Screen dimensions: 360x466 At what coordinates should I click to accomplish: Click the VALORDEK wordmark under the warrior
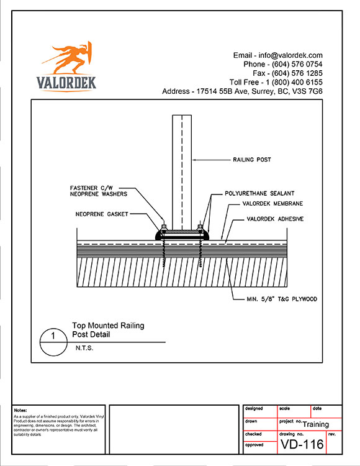[66, 83]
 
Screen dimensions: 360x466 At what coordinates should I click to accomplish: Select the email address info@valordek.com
[290, 55]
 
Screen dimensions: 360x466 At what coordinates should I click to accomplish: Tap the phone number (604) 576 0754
[297, 64]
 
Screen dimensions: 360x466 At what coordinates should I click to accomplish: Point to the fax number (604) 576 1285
[297, 73]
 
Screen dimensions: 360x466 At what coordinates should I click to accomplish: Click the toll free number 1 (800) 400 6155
[294, 82]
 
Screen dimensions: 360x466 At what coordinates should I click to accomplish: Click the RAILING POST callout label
[252, 160]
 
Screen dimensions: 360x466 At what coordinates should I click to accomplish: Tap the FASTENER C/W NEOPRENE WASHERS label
[99, 191]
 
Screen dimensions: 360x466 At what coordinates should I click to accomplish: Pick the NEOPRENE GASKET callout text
[102, 214]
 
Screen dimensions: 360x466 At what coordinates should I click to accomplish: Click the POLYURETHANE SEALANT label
[259, 193]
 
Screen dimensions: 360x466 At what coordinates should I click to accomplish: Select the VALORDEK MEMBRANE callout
[272, 204]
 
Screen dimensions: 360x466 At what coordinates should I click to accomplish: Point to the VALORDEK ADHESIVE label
[275, 219]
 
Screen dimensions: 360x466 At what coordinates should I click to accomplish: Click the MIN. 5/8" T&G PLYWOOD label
[282, 299]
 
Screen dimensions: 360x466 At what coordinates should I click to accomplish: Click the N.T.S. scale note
[84, 348]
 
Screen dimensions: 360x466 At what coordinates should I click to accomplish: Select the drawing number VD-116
[302, 444]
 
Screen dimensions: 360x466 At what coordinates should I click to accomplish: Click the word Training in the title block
[316, 424]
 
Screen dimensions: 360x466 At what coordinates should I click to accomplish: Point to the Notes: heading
[20, 410]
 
